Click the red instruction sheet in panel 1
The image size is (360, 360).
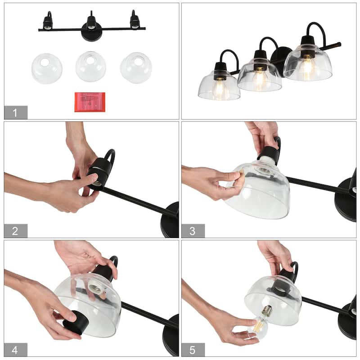pyautogui.click(x=90, y=102)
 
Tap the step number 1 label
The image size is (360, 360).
pyautogui.click(x=15, y=113)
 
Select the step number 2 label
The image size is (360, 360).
pyautogui.click(x=15, y=231)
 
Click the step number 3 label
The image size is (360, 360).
pyautogui.click(x=193, y=231)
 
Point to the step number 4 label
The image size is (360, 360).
pyautogui.click(x=15, y=351)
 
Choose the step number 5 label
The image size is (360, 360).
pyautogui.click(x=193, y=351)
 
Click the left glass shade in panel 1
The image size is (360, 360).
pyautogui.click(x=47, y=68)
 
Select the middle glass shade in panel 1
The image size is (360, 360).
pyautogui.click(x=91, y=66)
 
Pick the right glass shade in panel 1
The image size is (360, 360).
pyautogui.click(x=136, y=68)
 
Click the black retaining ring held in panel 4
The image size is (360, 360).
pyautogui.click(x=76, y=323)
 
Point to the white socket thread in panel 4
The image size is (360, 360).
pyautogui.click(x=95, y=288)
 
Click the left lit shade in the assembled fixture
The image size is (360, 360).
pyautogui.click(x=219, y=85)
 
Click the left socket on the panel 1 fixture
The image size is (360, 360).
pyautogui.click(x=48, y=23)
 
